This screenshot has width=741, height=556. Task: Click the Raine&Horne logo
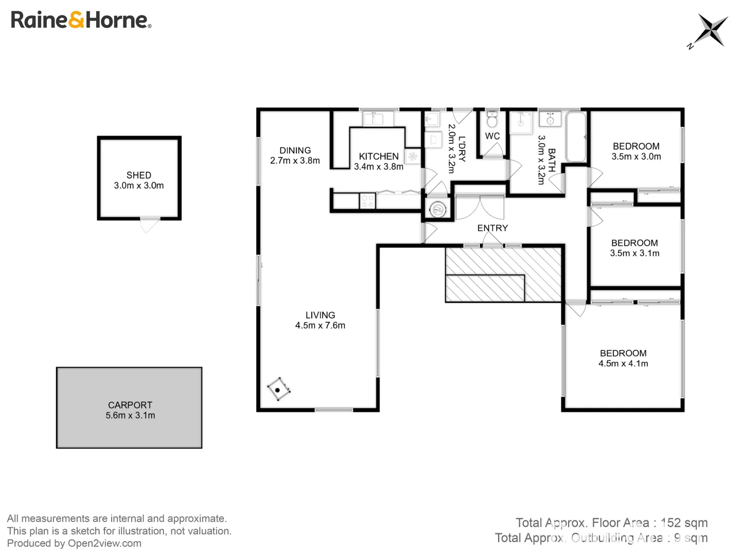click(x=81, y=20)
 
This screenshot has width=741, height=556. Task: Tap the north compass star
click(x=712, y=30)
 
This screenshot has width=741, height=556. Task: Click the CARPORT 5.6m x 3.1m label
click(x=130, y=410)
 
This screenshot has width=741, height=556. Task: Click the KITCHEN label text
click(x=379, y=156)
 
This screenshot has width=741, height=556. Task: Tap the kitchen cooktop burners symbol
click(x=367, y=201)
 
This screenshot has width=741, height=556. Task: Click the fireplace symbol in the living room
click(x=278, y=389)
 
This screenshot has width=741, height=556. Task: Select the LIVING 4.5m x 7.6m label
click(x=320, y=320)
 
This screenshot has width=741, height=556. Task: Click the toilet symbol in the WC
click(x=492, y=120)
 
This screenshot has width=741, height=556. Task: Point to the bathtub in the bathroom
click(x=576, y=137)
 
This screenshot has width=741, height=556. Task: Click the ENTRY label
click(x=492, y=228)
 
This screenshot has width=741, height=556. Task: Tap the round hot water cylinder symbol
click(x=438, y=209)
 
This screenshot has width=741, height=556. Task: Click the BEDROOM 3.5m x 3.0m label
click(x=636, y=151)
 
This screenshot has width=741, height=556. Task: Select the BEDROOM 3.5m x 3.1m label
click(x=634, y=248)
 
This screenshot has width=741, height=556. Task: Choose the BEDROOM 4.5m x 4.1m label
click(x=623, y=358)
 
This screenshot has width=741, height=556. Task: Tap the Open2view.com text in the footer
click(x=104, y=543)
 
